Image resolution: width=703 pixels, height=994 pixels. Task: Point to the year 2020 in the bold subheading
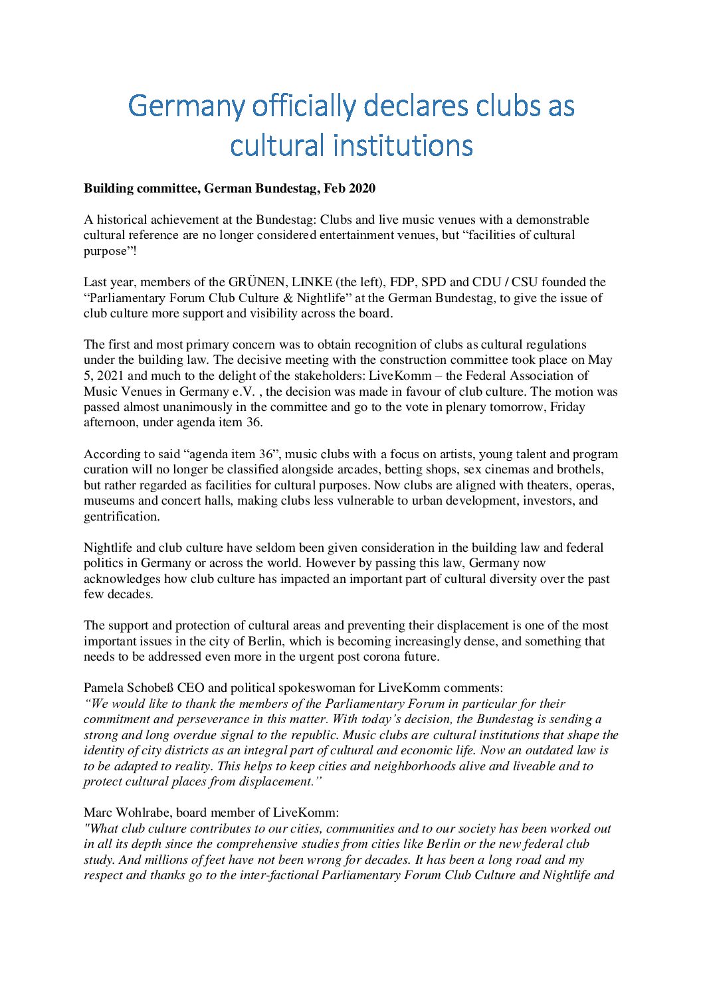tap(361, 189)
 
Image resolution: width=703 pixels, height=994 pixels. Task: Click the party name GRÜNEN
tap(254, 282)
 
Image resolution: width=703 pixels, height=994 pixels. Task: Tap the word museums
tap(109, 501)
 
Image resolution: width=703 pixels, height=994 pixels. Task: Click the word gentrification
tap(122, 517)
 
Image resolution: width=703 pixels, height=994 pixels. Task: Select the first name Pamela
tap(105, 688)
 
